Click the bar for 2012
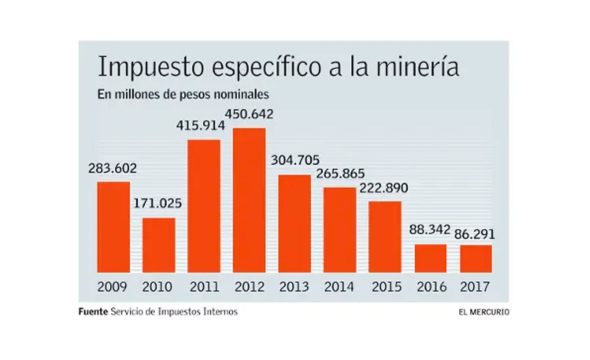pyautogui.click(x=249, y=200)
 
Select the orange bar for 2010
pyautogui.click(x=159, y=245)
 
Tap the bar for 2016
pyautogui.click(x=430, y=258)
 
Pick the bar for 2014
pyautogui.click(x=340, y=230)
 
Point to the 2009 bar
pyautogui.click(x=114, y=227)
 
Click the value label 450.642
pyautogui.click(x=249, y=115)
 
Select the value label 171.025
pyautogui.click(x=157, y=204)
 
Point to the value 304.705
pyautogui.click(x=295, y=160)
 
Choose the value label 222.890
pyautogui.click(x=383, y=188)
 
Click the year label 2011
pyautogui.click(x=204, y=287)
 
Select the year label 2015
pyautogui.click(x=386, y=287)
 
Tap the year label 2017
pyautogui.click(x=475, y=287)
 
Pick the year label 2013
pyautogui.click(x=294, y=287)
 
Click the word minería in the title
pyautogui.click(x=418, y=68)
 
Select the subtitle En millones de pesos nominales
pyautogui.click(x=183, y=94)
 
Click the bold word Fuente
pyautogui.click(x=93, y=312)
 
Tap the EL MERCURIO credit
pyautogui.click(x=484, y=312)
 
